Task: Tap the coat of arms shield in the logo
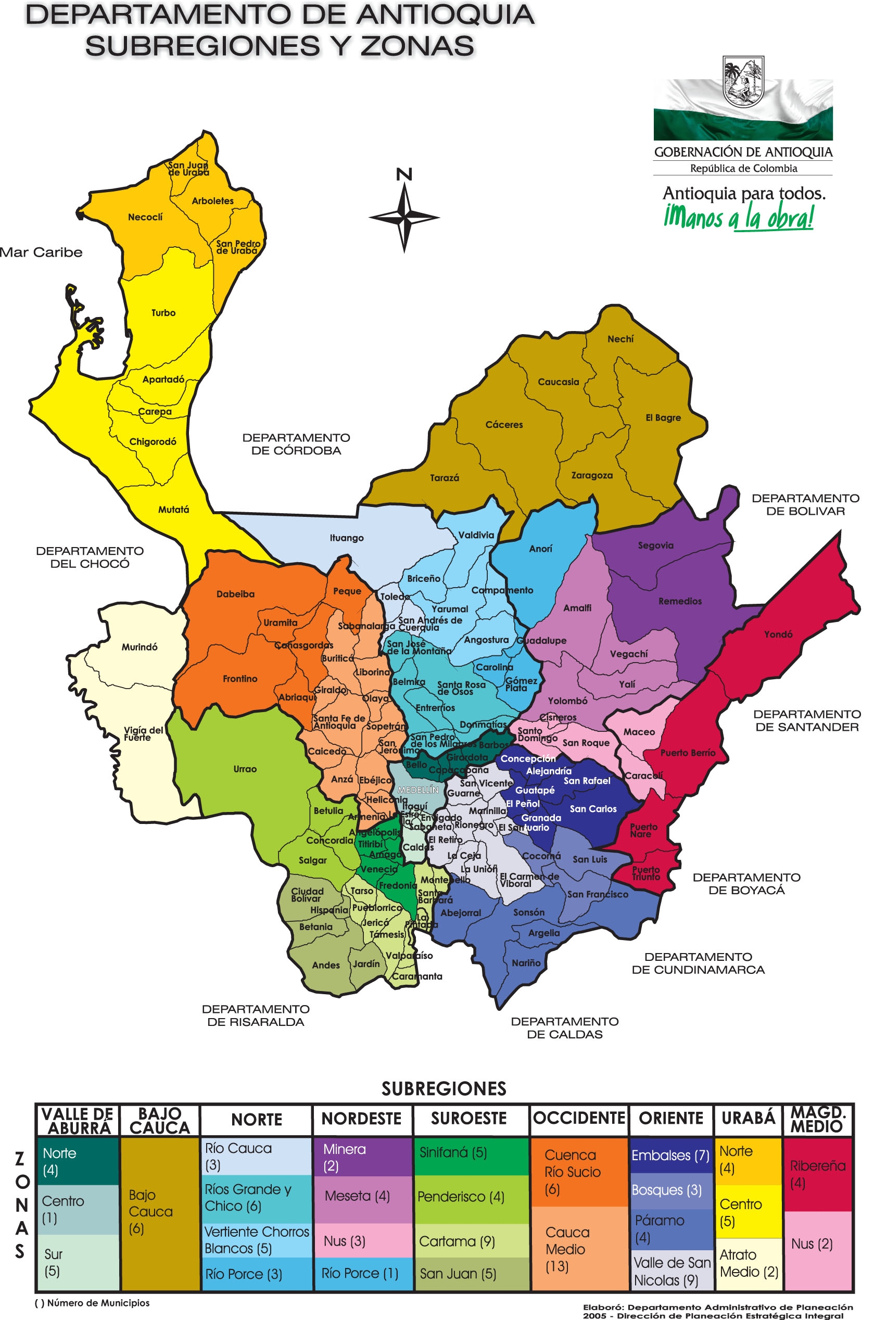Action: click(x=742, y=82)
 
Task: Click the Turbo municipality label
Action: click(x=163, y=313)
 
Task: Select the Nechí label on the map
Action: click(x=620, y=339)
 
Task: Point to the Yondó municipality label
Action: click(x=778, y=634)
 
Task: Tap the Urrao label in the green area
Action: click(x=245, y=769)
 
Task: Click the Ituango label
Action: click(x=346, y=538)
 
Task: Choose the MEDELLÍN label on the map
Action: click(x=418, y=790)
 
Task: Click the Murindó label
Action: click(x=140, y=647)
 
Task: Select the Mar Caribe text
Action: click(x=41, y=252)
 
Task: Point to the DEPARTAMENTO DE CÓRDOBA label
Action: click(x=296, y=444)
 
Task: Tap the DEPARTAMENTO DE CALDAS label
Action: click(x=564, y=1027)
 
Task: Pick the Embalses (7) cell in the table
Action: click(x=670, y=1155)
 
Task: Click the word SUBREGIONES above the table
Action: click(x=444, y=1088)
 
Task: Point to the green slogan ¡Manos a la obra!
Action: click(x=739, y=217)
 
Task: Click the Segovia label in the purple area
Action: click(x=655, y=545)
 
